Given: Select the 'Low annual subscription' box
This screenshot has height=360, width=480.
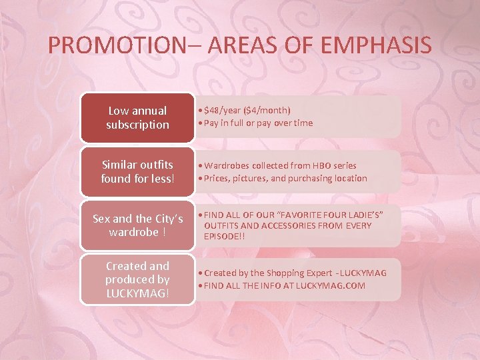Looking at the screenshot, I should pyautogui.click(x=137, y=117).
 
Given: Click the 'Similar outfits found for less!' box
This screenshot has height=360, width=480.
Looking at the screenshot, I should pyautogui.click(x=137, y=171).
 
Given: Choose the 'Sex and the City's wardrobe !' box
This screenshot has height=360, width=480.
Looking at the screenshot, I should pyautogui.click(x=137, y=225).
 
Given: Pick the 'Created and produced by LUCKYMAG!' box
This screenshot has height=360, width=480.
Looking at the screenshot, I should pyautogui.click(x=137, y=279).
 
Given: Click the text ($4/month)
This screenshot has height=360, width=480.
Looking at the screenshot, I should pyautogui.click(x=271, y=109).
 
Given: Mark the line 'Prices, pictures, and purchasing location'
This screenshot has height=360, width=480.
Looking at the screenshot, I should pyautogui.click(x=285, y=178).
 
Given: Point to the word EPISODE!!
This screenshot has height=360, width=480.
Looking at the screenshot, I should pyautogui.click(x=222, y=236).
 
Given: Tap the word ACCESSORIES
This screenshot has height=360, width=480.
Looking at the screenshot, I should pyautogui.click(x=278, y=225).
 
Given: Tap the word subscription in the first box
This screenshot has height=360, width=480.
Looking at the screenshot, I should pyautogui.click(x=137, y=125).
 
